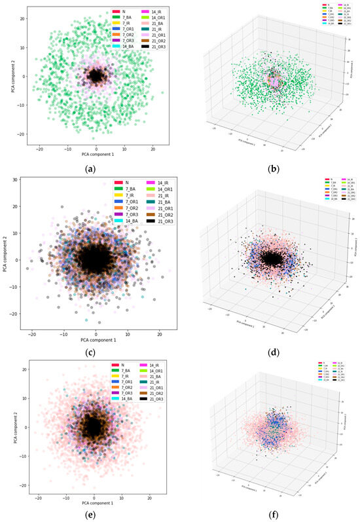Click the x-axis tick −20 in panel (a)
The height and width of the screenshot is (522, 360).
(x=39, y=149)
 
